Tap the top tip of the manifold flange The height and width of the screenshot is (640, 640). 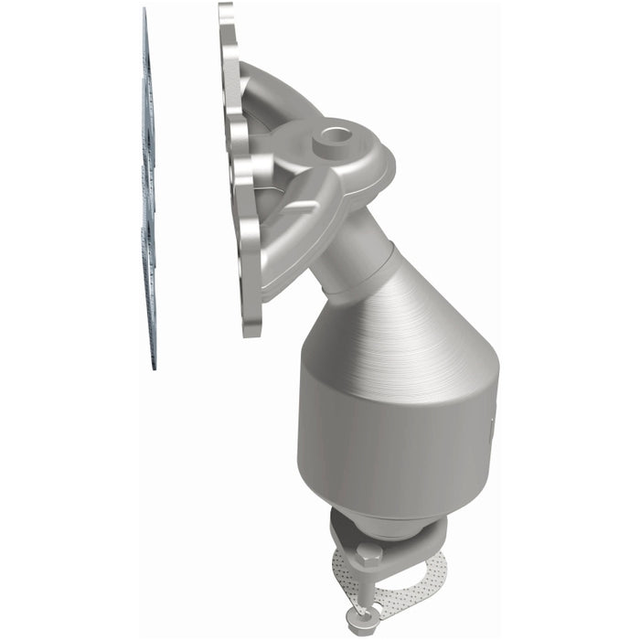[x=225, y=9]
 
